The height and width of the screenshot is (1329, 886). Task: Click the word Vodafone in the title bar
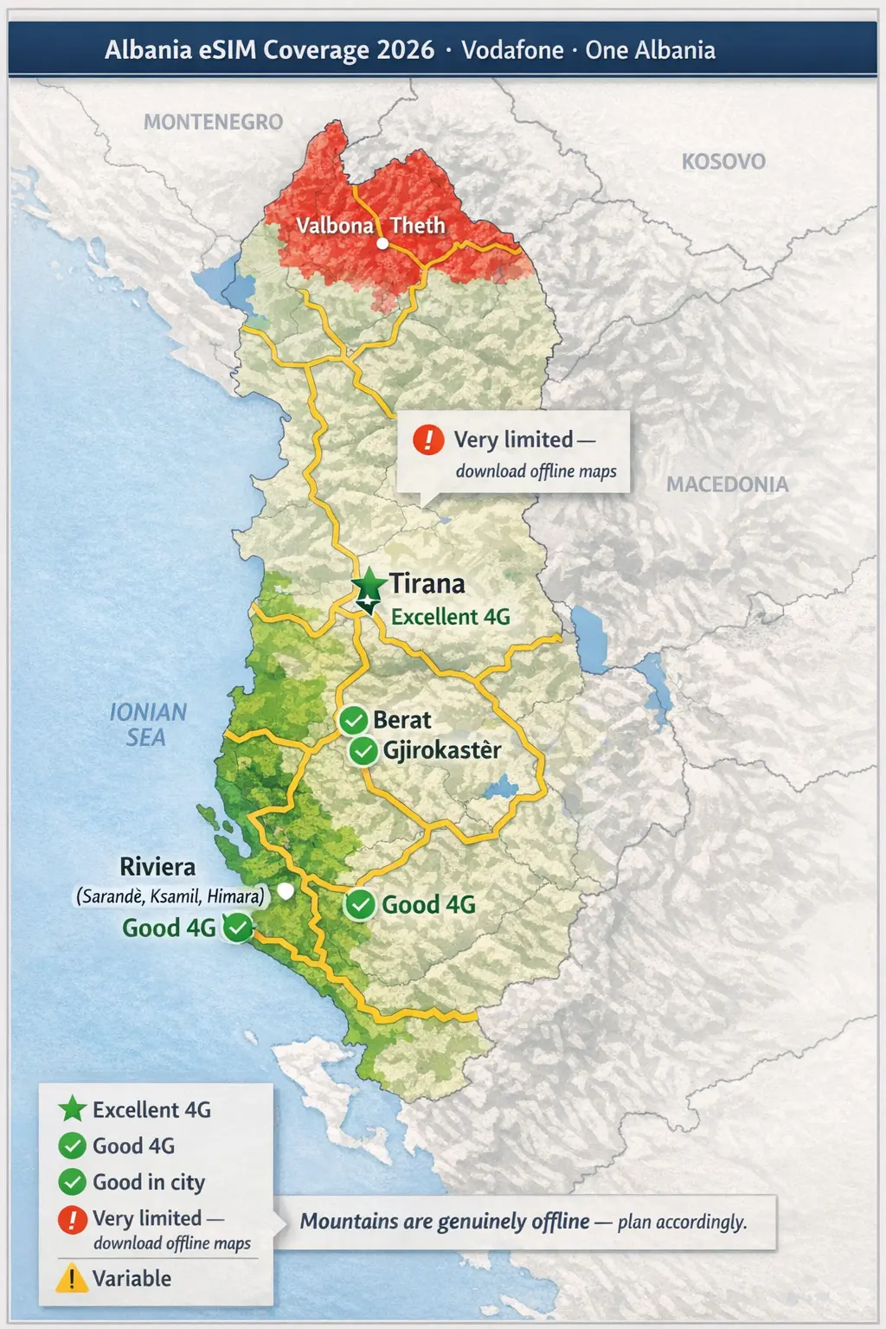click(x=512, y=50)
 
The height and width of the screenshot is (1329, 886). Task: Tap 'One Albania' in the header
click(x=650, y=50)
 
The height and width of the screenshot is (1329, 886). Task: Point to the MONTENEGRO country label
click(x=213, y=122)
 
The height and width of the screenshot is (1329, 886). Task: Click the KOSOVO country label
click(x=723, y=162)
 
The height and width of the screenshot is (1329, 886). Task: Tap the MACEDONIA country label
click(x=727, y=485)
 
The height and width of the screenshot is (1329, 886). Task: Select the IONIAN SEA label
click(x=147, y=725)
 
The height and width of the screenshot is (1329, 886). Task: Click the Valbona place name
click(x=334, y=226)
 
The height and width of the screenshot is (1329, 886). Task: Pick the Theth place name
click(x=417, y=226)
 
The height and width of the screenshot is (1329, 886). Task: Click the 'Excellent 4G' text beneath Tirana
click(x=450, y=617)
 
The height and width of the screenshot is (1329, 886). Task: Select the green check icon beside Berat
click(x=353, y=720)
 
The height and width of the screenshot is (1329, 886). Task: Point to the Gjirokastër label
click(x=441, y=750)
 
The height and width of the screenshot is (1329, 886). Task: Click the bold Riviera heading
click(x=157, y=867)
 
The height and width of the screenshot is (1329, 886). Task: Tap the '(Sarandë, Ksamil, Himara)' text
click(x=170, y=896)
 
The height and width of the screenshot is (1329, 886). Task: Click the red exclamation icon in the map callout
click(x=428, y=440)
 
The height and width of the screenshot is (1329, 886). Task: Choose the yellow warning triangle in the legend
click(x=72, y=1278)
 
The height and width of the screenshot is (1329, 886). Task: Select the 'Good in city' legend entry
click(x=148, y=1182)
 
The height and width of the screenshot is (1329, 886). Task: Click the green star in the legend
click(x=72, y=1109)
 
